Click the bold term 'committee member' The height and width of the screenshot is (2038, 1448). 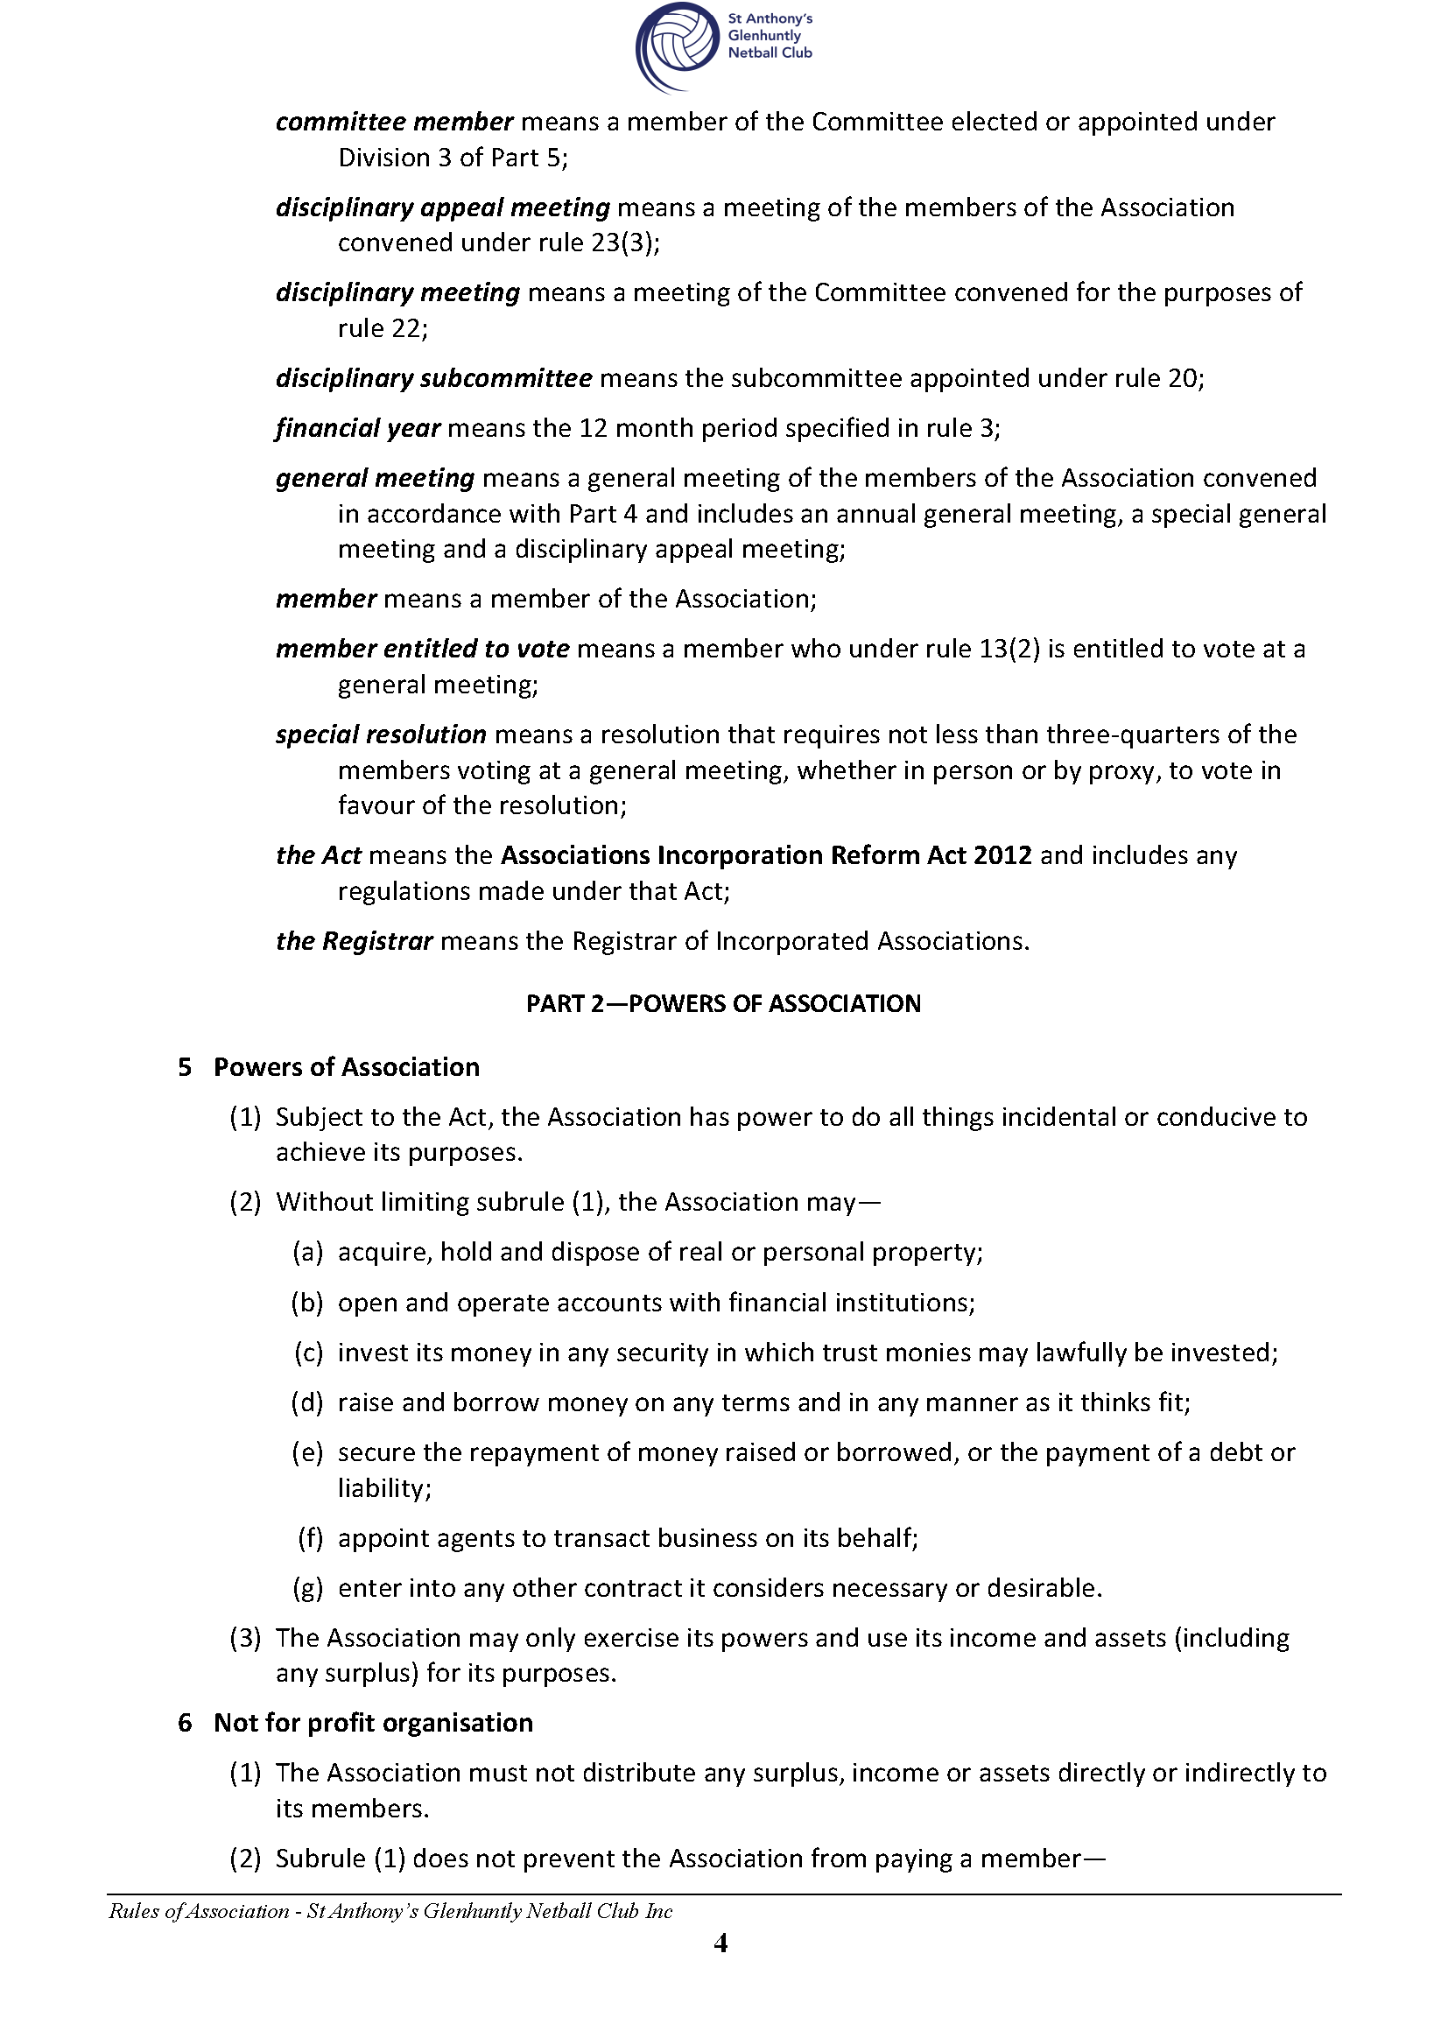click(394, 123)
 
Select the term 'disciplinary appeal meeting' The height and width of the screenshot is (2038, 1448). click(442, 207)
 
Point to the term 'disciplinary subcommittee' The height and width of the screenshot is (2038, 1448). click(433, 379)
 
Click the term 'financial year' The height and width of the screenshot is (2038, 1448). click(357, 429)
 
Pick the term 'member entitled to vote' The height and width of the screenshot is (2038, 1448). click(422, 649)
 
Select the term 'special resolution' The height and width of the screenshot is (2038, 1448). click(381, 734)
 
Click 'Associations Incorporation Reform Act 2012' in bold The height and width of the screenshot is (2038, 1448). click(766, 856)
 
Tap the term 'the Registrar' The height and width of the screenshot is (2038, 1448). click(354, 941)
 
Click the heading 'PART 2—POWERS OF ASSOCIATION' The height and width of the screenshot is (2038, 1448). click(723, 1004)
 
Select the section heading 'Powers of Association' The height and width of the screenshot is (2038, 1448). click(346, 1067)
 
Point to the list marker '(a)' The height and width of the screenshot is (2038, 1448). click(307, 1253)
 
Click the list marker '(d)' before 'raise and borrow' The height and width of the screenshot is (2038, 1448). click(307, 1402)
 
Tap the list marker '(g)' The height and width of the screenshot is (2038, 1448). click(307, 1588)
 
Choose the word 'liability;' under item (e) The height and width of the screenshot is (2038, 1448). click(384, 1488)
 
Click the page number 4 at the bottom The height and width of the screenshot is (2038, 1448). click(721, 1943)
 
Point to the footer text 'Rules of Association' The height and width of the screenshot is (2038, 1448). click(199, 1911)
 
